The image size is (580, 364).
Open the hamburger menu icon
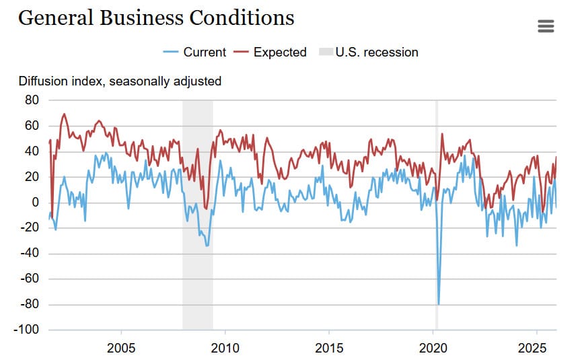tap(546, 26)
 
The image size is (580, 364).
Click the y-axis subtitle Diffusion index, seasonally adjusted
tap(120, 81)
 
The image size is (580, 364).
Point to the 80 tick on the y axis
tap(32, 100)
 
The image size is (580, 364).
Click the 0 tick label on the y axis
tap(36, 203)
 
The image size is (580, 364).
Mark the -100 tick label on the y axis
tap(28, 330)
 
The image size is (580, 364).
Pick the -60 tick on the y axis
tap(30, 279)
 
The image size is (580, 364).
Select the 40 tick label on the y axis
tap(32, 151)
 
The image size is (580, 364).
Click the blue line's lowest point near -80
tap(439, 304)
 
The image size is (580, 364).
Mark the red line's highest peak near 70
tap(65, 114)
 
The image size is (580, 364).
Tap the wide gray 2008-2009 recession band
tap(198, 269)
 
